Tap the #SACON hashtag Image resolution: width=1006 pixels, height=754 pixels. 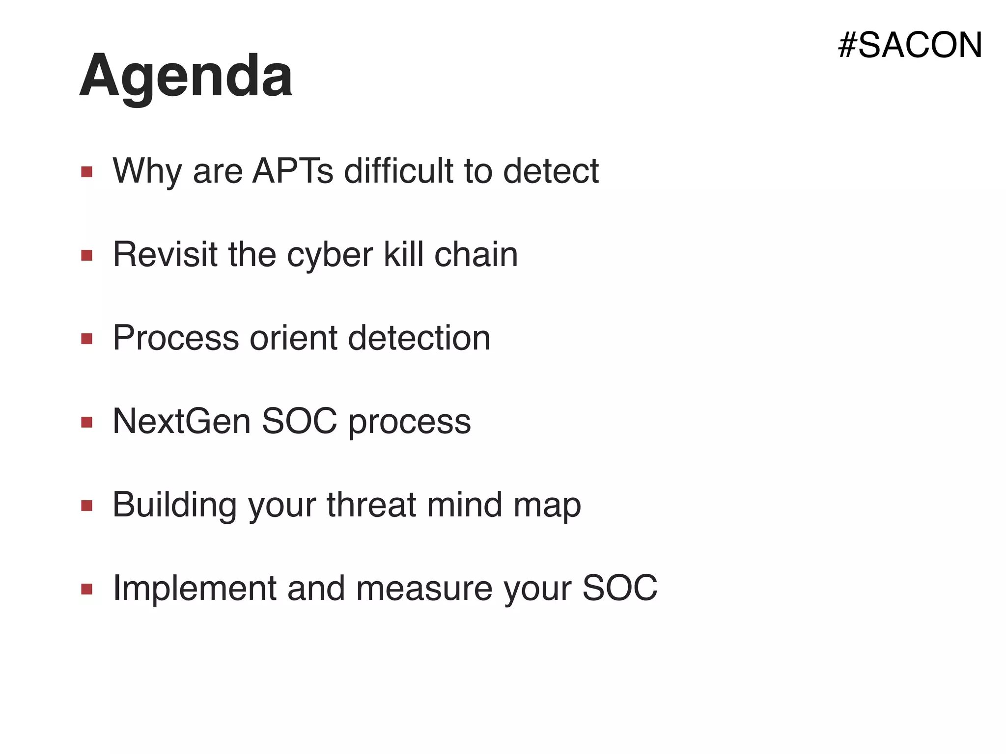[x=910, y=45]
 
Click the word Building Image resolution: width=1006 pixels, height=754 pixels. [x=174, y=506]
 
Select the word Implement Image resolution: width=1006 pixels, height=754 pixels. [x=195, y=589]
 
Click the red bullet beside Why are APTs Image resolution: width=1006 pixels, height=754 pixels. [x=87, y=172]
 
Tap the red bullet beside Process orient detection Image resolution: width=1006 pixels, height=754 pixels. [x=87, y=339]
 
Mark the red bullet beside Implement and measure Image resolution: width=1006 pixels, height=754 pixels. [x=87, y=589]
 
